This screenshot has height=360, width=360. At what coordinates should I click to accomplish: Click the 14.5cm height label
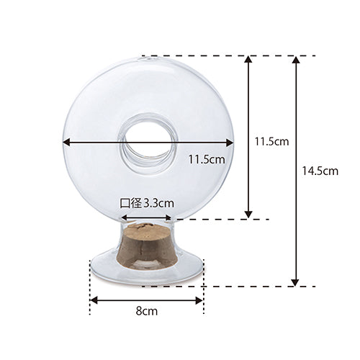(320, 171)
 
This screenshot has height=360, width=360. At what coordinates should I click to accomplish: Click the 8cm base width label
(147, 311)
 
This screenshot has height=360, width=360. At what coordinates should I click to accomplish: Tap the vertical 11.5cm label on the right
(271, 142)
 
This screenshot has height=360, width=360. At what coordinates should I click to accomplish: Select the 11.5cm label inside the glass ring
(207, 159)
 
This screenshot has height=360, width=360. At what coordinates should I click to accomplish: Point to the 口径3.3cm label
(147, 203)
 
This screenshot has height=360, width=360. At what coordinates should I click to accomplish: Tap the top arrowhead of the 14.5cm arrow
(296, 60)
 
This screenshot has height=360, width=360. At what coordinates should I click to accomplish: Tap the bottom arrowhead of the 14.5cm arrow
(296, 282)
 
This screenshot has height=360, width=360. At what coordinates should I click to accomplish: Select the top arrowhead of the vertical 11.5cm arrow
(248, 60)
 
